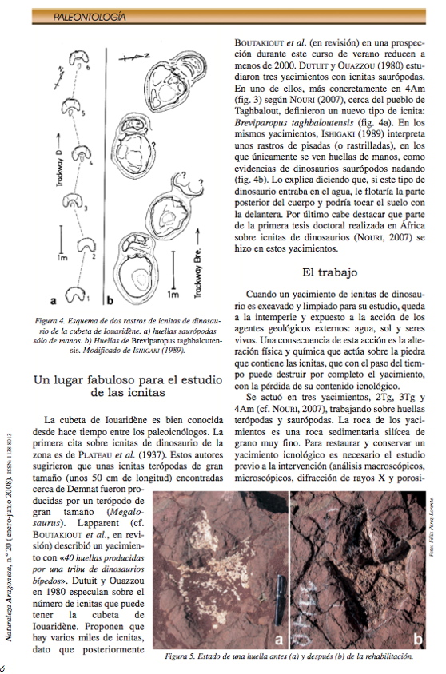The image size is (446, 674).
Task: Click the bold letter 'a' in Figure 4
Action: [53, 301]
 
